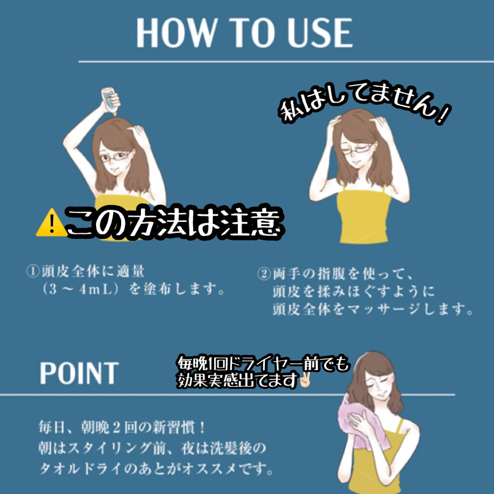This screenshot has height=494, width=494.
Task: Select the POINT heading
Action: point(79,373)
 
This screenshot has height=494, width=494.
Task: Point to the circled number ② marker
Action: point(264,274)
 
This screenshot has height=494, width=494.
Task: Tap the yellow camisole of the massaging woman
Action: point(364,216)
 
